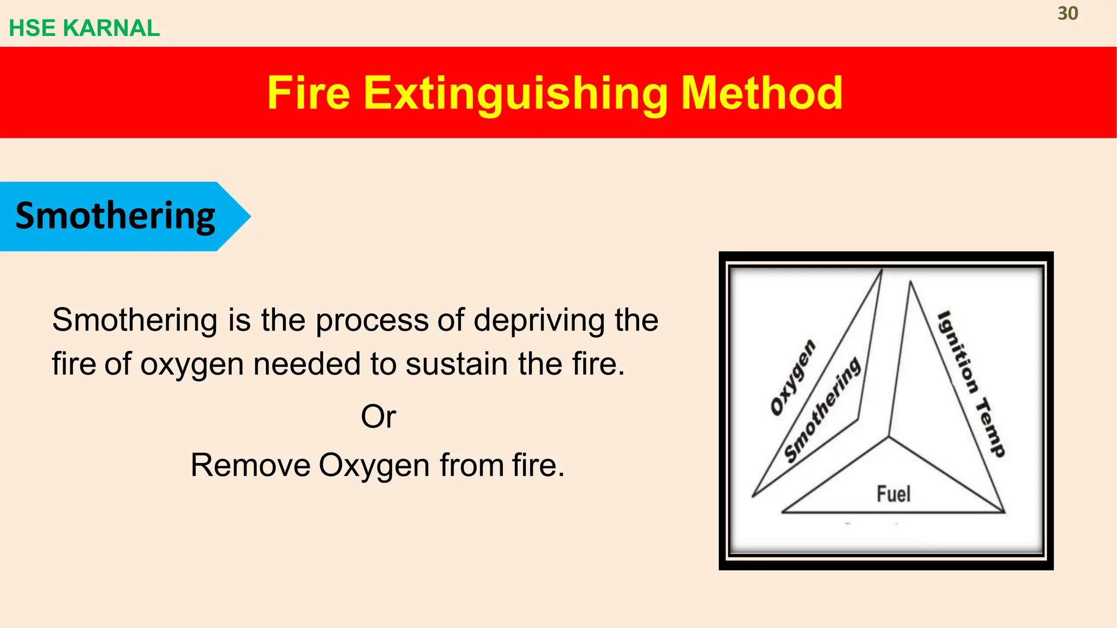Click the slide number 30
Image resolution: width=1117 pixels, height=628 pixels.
(1067, 14)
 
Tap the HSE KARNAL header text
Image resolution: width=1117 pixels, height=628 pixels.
(85, 28)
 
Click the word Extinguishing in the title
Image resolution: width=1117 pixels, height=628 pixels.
(515, 93)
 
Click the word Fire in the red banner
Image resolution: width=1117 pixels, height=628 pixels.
(308, 93)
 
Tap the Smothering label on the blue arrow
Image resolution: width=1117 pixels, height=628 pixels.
(115, 216)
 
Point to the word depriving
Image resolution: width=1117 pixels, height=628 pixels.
(539, 320)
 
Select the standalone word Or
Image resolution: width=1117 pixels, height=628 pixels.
(378, 417)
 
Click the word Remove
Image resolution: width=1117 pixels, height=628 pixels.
(250, 466)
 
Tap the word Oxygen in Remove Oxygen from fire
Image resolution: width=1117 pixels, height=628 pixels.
(374, 466)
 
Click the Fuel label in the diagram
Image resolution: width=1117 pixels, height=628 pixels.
(893, 494)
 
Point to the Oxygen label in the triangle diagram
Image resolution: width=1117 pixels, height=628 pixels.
(793, 377)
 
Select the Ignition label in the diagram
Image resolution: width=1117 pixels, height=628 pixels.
(958, 352)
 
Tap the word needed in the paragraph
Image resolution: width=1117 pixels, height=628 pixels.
(307, 364)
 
